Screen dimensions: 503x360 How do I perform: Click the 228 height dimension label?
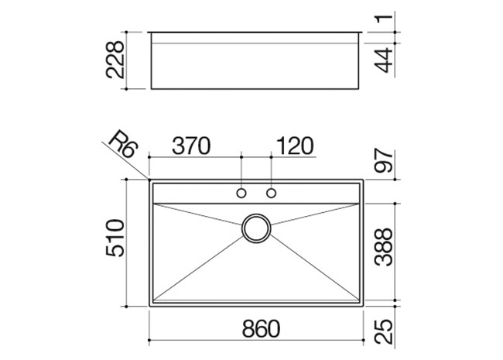[115, 60]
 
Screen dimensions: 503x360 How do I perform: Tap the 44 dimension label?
[384, 60]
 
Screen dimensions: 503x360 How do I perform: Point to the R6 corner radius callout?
[124, 144]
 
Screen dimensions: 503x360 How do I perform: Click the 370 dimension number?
[191, 146]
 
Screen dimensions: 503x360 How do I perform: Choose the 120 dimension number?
[295, 146]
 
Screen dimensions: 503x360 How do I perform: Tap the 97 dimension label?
[384, 160]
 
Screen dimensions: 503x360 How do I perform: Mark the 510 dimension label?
[115, 238]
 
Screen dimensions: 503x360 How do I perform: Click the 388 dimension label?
[384, 247]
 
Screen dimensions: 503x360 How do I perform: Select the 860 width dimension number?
[261, 328]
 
